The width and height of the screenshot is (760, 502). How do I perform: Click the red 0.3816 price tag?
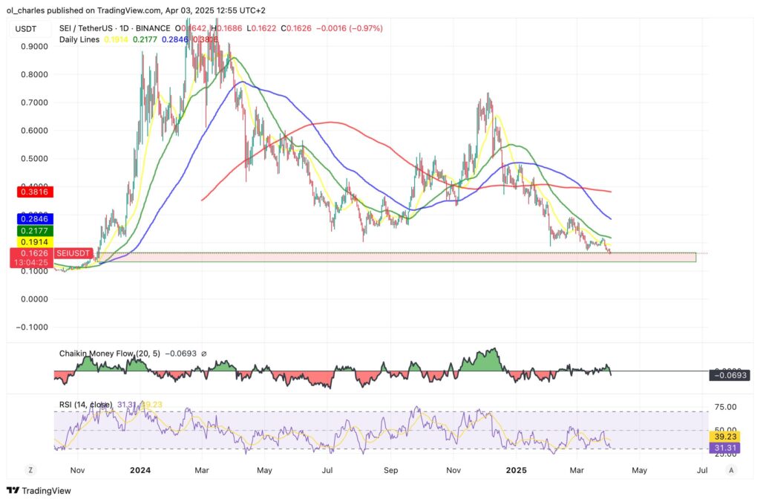coord(30,192)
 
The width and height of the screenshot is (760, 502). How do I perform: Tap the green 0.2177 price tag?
coord(30,231)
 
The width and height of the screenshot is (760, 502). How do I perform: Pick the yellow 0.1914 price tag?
coord(30,242)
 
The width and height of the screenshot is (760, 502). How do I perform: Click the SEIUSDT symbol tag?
coord(73,253)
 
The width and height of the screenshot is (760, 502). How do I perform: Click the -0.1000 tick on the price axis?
coord(32,327)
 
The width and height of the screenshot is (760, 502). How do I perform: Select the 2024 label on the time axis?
coord(140,469)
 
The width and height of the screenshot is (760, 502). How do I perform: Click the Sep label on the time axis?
coord(390,469)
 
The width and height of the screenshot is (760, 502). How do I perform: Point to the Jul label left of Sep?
coord(327,469)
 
